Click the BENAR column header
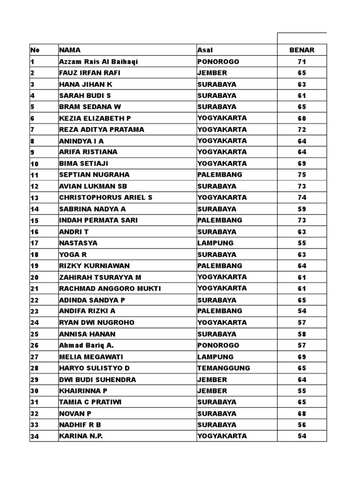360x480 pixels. (302, 50)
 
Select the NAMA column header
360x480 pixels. (70, 50)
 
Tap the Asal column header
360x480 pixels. (205, 50)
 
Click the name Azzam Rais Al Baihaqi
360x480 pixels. (99, 62)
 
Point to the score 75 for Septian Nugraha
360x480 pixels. (302, 175)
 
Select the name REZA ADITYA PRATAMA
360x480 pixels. (102, 129)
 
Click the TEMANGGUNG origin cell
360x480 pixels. (224, 368)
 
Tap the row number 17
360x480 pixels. (34, 243)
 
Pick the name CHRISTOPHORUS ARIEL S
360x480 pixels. (106, 197)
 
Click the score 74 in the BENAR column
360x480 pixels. (302, 197)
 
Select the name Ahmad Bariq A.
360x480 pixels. (87, 345)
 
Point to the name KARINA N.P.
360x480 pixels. (81, 436)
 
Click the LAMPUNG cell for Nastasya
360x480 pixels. (215, 243)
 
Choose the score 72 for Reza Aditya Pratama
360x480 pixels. (302, 129)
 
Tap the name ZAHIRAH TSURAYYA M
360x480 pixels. (100, 277)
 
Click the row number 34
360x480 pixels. (34, 436)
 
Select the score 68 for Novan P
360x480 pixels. (302, 413)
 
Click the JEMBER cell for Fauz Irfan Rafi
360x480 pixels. (212, 73)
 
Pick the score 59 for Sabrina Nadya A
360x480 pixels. (302, 209)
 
